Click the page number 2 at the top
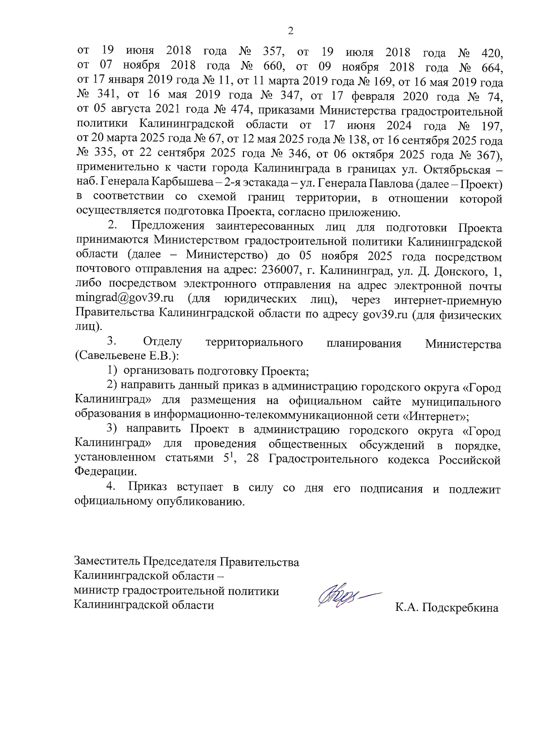click(291, 31)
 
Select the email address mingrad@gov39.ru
click(124, 298)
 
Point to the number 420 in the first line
click(493, 53)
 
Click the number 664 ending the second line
click(493, 68)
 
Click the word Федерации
click(105, 471)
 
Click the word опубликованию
click(199, 501)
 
